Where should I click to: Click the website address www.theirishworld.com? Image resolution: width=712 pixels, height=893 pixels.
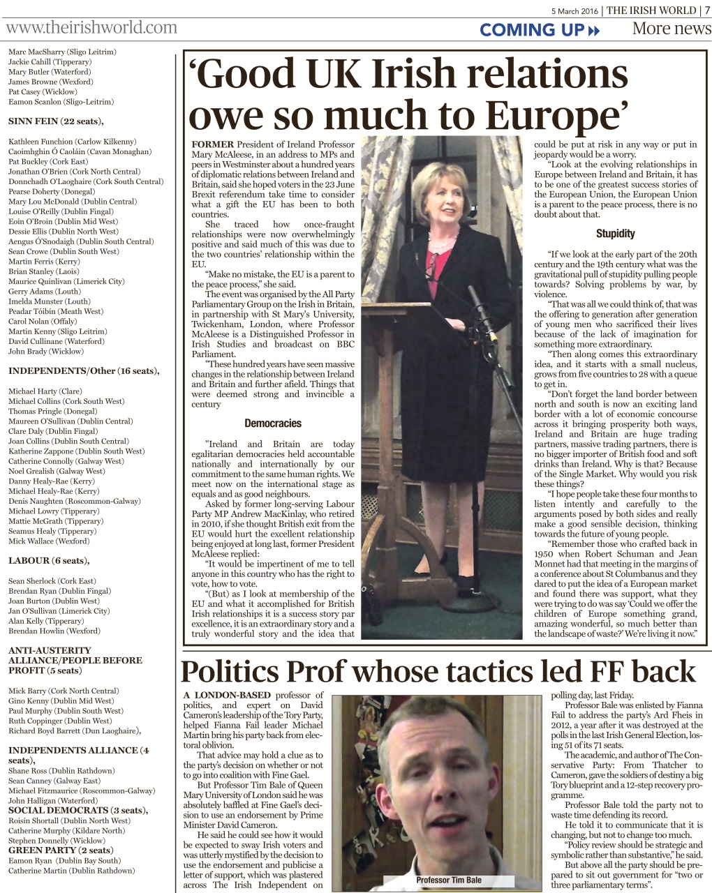point(91,28)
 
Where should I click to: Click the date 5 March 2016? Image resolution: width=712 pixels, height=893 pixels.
point(576,10)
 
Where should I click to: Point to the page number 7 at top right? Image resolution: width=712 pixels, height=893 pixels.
point(706,10)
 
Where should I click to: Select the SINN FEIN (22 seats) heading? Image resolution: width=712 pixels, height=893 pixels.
point(56,121)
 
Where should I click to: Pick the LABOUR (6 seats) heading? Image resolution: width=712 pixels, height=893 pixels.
point(49,561)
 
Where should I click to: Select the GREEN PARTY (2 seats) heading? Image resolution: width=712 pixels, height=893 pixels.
point(60,850)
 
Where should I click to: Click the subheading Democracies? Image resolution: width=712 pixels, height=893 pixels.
point(273,423)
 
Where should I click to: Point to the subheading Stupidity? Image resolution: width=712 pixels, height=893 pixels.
point(615,234)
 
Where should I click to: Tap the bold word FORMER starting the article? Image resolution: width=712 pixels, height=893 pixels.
point(212,144)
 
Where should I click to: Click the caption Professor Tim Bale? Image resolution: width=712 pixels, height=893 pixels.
point(449,880)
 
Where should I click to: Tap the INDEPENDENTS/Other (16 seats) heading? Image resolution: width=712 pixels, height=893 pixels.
point(84,371)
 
